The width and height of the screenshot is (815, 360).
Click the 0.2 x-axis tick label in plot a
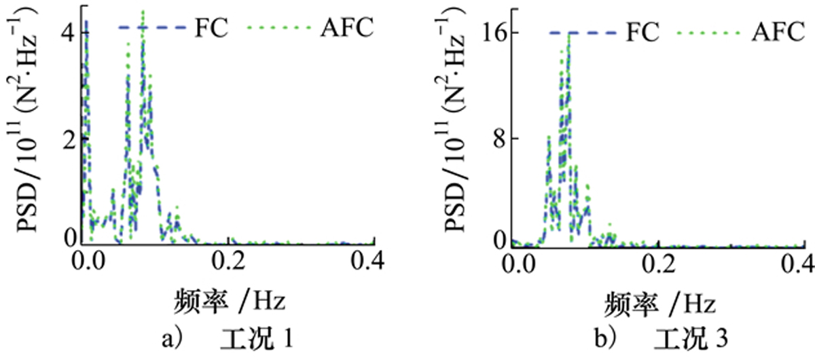[230, 261]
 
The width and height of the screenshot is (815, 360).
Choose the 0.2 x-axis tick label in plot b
[657, 261]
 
